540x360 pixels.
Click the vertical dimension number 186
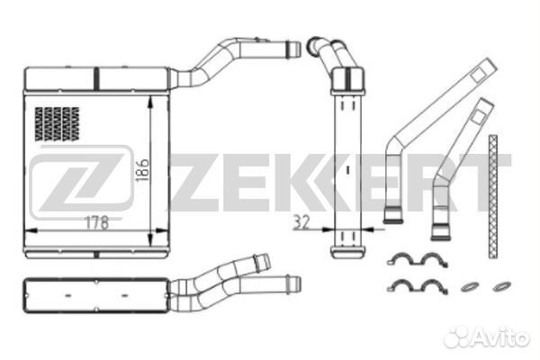[141, 165]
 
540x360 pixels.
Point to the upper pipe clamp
[418, 260]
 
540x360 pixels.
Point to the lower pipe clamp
[418, 287]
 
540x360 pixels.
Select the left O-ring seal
[469, 287]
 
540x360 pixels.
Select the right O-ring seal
[498, 287]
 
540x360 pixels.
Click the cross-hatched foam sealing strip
[492, 193]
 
